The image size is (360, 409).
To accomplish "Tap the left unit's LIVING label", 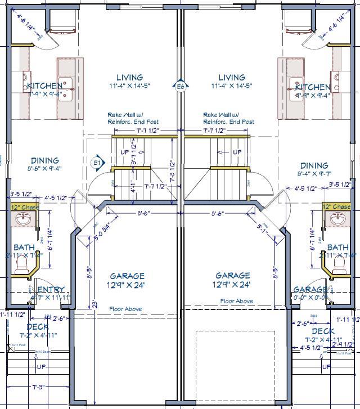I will pyautogui.click(x=129, y=78).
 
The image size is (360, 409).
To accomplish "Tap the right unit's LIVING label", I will pyautogui.click(x=232, y=78).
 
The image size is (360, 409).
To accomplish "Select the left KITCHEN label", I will pyautogui.click(x=45, y=86).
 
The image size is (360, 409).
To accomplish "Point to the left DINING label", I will pyautogui.click(x=45, y=160).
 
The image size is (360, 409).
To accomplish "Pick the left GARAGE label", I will pyautogui.click(x=127, y=276).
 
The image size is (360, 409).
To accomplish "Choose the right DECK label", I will pyautogui.click(x=323, y=331).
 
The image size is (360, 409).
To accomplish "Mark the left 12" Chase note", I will pyautogui.click(x=25, y=208).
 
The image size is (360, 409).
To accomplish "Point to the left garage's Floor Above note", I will pyautogui.click(x=125, y=309).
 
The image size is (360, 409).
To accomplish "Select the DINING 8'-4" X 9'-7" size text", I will pyautogui.click(x=314, y=175).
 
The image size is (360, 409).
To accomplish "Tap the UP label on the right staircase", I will pyautogui.click(x=237, y=152).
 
